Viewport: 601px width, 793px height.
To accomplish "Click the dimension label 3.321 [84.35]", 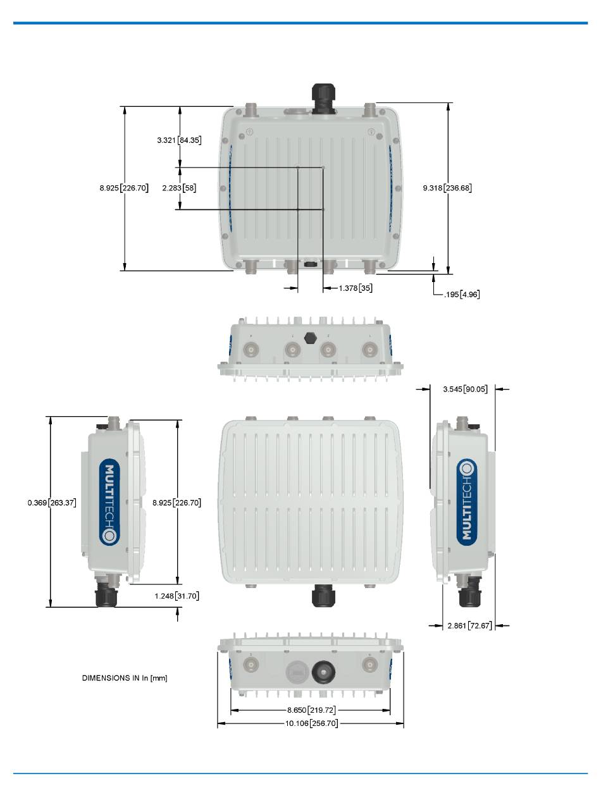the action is (179, 140).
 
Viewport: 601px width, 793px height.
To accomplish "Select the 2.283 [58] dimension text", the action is (179, 188).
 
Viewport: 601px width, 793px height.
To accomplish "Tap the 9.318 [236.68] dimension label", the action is (447, 188).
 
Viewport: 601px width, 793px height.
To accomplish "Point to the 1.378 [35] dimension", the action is (356, 288).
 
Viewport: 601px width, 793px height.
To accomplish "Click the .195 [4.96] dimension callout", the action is (462, 294).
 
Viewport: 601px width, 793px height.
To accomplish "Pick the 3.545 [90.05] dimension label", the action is (465, 390).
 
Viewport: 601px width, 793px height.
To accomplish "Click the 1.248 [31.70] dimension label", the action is (177, 596).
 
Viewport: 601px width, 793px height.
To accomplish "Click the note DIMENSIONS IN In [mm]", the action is (125, 678).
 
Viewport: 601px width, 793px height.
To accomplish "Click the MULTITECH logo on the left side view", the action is (109, 501).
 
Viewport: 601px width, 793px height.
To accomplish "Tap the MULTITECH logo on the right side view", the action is (466, 501).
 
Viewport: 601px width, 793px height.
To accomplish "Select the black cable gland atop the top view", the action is (323, 98).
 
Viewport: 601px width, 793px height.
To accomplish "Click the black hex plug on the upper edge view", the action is (310, 337).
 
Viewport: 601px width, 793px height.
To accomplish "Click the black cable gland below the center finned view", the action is (323, 595).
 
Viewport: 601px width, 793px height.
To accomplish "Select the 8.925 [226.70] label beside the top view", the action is (124, 188).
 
